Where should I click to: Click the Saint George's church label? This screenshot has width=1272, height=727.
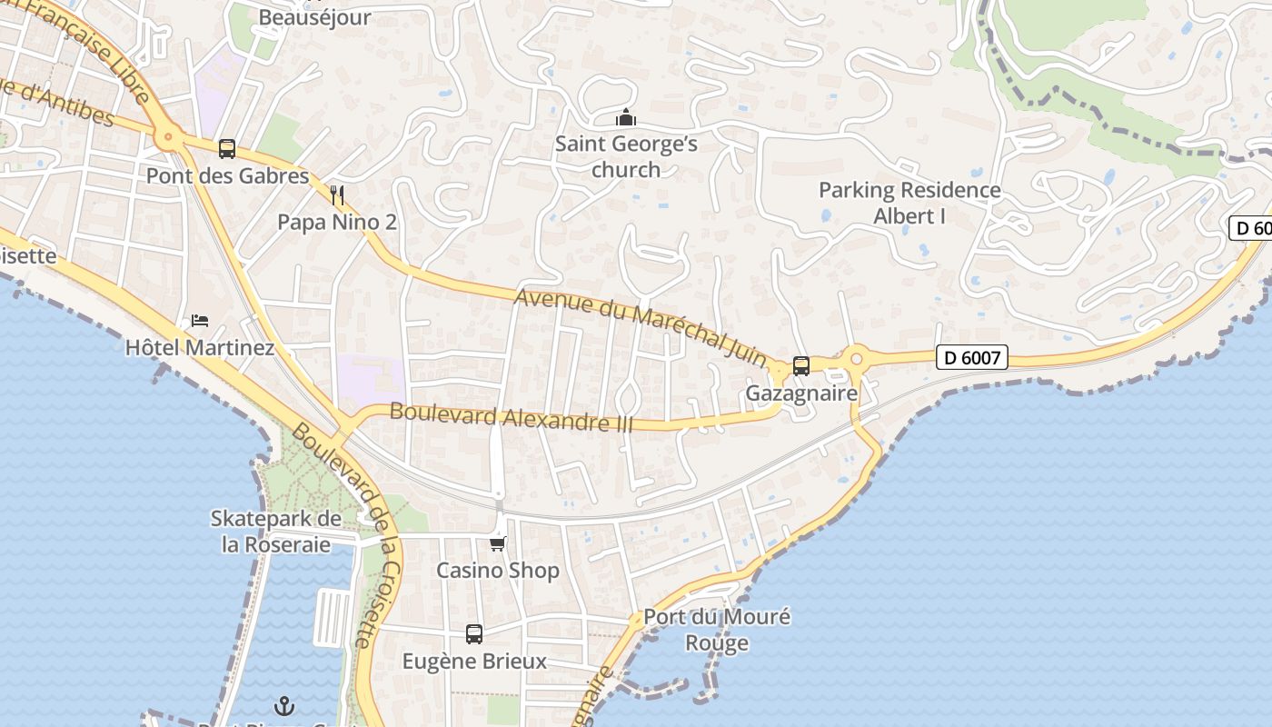point(626,156)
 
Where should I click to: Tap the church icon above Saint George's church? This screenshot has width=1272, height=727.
point(626,118)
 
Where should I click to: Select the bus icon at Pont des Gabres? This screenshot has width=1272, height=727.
point(227,148)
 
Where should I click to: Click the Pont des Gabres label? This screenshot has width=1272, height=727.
point(228,175)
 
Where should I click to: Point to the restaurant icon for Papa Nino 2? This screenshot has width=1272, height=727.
point(337,194)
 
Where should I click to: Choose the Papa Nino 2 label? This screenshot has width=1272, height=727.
point(337,222)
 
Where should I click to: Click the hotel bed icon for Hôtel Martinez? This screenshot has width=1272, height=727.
point(200,321)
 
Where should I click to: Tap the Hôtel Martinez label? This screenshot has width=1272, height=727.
point(200,347)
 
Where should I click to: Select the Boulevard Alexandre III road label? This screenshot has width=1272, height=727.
point(511,417)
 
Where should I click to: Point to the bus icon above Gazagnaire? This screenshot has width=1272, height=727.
point(801,365)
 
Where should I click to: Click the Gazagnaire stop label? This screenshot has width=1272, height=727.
point(801,393)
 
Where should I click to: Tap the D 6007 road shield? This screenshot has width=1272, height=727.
point(972,357)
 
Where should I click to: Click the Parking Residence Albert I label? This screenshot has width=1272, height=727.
point(909,203)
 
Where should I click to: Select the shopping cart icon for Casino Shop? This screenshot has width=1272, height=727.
point(497,543)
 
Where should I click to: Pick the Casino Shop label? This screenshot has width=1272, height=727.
point(498,571)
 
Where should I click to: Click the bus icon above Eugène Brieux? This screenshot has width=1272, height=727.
point(474,633)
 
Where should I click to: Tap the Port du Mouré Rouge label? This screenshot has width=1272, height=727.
point(717,630)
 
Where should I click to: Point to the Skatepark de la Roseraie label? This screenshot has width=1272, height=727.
point(276,532)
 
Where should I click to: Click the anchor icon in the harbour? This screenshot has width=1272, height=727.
point(285,705)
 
